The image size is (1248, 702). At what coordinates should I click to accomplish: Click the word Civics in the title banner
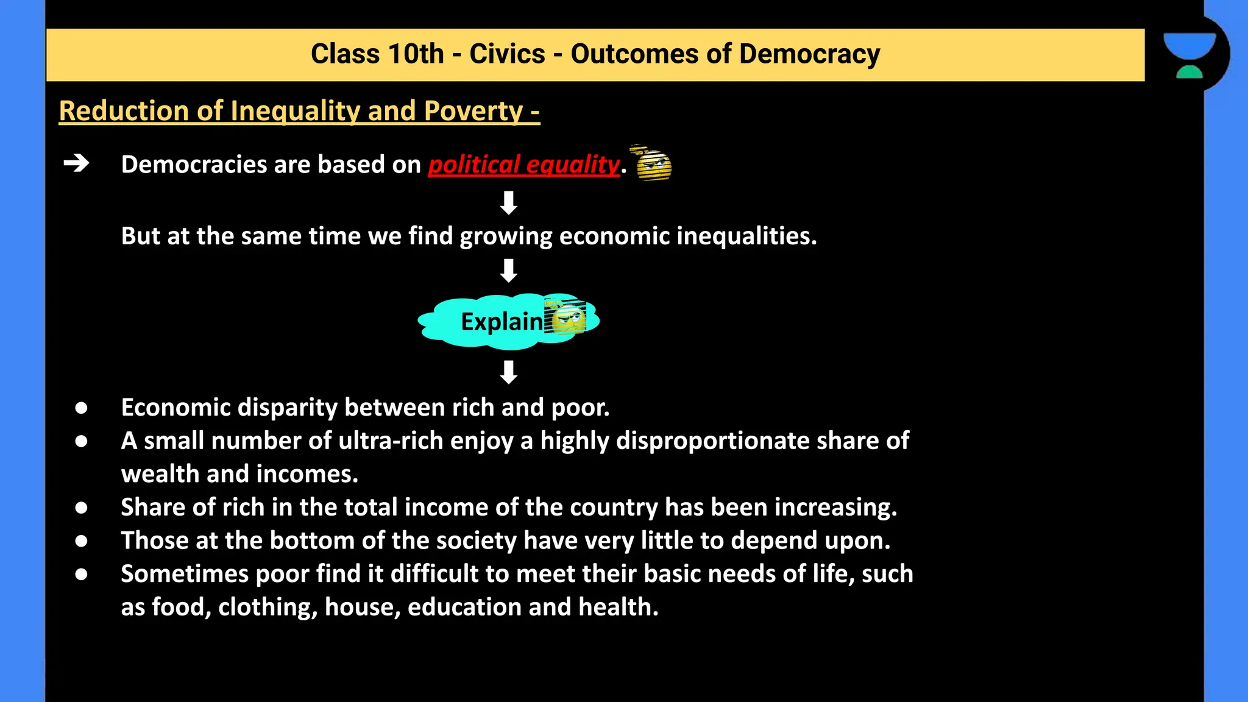(506, 54)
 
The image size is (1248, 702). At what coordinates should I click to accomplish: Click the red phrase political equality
(524, 165)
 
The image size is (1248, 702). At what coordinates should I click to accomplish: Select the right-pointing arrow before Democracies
(77, 163)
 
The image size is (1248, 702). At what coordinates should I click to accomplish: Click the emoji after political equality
(653, 163)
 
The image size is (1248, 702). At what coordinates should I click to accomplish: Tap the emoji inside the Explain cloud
(566, 317)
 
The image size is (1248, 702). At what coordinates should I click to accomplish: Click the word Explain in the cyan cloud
(501, 322)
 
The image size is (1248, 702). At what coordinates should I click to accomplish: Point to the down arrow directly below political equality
(508, 202)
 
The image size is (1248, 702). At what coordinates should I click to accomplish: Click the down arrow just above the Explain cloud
(508, 270)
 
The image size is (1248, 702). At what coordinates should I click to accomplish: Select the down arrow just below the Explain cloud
(508, 372)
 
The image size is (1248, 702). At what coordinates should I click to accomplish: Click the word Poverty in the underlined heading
(473, 112)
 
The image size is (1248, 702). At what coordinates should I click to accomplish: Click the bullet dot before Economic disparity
(81, 408)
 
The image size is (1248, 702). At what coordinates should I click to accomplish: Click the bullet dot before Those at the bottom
(81, 541)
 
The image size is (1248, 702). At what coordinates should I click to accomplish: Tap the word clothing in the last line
(268, 608)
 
